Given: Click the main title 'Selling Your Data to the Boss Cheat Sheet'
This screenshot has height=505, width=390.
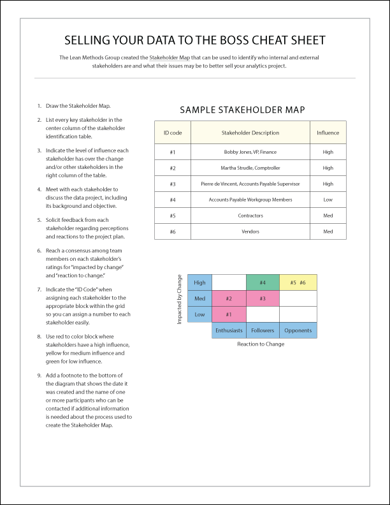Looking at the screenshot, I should click(x=195, y=40).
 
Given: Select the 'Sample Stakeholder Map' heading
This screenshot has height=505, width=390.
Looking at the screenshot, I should click(x=242, y=110).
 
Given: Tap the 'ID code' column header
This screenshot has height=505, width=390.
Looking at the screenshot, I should click(x=173, y=133).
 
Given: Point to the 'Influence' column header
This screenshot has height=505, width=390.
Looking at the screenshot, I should click(x=328, y=133).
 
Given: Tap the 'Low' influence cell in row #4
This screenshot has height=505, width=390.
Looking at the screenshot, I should click(x=328, y=200).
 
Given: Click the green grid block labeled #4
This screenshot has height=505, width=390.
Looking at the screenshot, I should click(x=263, y=282).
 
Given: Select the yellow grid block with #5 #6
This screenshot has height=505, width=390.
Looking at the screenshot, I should click(x=298, y=282).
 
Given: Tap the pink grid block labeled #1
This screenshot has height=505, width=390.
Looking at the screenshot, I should click(x=228, y=314).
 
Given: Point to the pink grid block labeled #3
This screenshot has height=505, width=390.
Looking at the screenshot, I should click(x=263, y=298).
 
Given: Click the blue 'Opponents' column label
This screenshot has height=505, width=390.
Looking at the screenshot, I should click(x=298, y=330).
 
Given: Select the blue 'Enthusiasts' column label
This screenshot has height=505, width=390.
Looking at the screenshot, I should click(x=228, y=330).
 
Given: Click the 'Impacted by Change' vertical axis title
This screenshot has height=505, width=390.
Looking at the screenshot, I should click(x=180, y=300).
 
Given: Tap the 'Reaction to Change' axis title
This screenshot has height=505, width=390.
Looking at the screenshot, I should click(x=261, y=344).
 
